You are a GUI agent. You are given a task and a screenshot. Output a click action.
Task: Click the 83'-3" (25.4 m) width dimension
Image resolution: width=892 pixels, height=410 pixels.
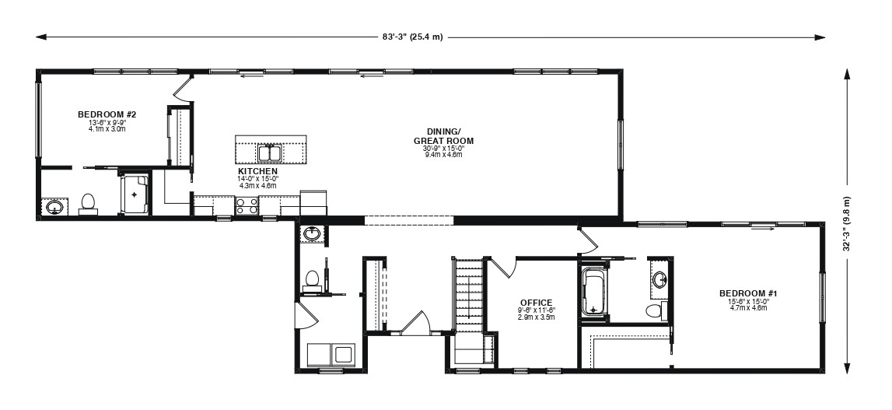412,37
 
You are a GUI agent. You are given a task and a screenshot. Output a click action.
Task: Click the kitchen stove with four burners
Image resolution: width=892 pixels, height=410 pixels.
247,205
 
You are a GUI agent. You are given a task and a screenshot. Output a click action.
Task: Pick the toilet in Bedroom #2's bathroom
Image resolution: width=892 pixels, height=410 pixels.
88,204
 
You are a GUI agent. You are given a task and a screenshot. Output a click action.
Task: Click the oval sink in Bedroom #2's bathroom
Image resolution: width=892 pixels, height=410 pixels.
54,207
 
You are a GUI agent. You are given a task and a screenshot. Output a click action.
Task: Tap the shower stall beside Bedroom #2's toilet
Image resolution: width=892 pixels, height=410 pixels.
135,194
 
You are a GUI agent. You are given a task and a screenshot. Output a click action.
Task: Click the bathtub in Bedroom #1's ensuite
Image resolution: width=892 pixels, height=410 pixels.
594,291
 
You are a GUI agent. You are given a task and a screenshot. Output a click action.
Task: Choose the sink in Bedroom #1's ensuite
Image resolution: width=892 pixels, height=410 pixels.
660,279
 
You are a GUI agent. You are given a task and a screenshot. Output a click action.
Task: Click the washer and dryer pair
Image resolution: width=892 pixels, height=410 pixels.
331,355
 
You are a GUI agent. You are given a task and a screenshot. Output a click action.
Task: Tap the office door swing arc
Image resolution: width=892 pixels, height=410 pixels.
503,267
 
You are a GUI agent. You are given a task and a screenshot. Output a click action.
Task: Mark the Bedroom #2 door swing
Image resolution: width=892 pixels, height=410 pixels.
182,91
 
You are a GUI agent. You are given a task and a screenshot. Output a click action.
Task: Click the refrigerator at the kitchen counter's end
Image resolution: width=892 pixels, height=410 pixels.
313,203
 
